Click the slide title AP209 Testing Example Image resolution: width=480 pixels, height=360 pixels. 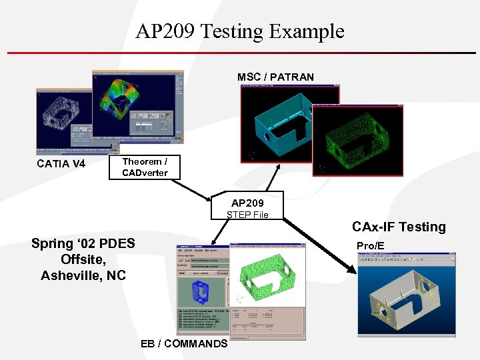(240, 31)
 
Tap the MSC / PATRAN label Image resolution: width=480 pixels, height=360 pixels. (275, 77)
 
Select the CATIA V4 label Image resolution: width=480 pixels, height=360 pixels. (61, 163)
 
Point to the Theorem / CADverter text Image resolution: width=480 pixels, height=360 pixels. (145, 167)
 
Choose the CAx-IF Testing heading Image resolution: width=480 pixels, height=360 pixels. (399, 227)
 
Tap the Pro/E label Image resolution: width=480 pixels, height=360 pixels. (370, 246)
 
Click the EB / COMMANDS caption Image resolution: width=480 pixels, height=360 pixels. (184, 343)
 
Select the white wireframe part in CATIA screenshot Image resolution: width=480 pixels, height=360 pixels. (63, 120)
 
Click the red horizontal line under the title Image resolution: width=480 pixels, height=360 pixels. (240, 53)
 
